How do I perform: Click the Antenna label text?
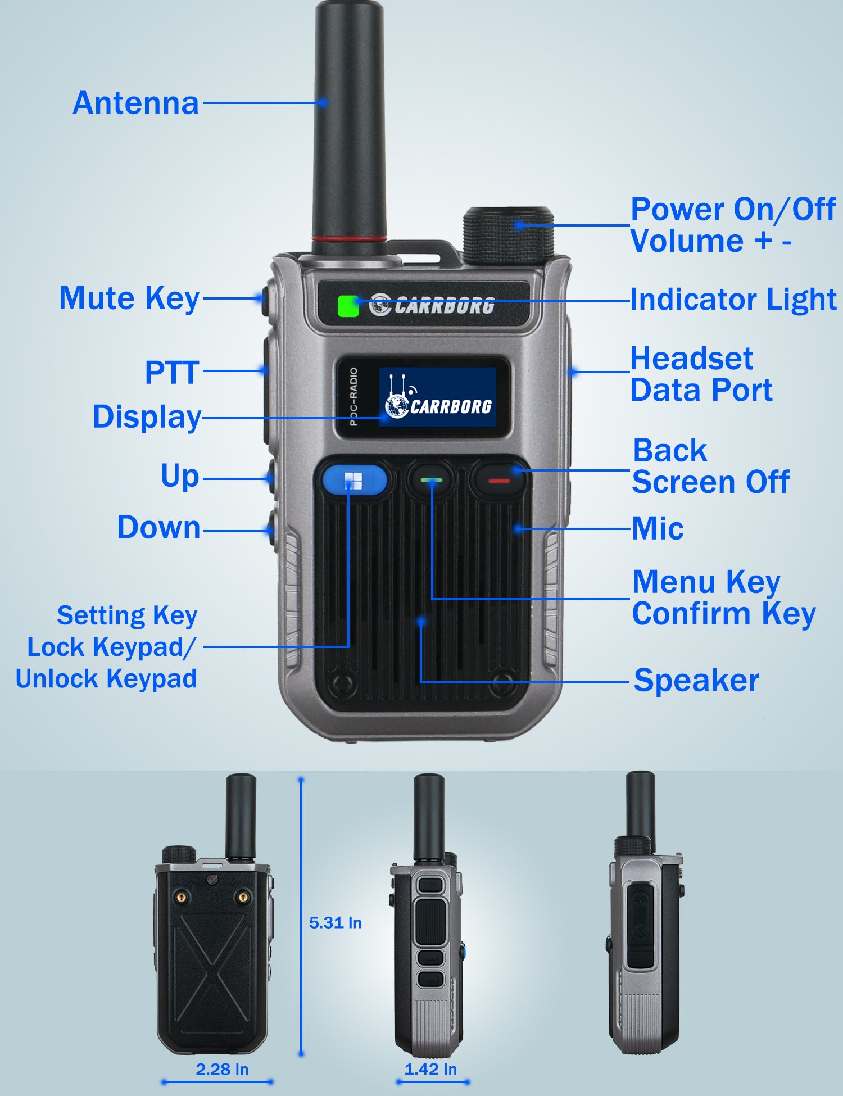click(x=136, y=103)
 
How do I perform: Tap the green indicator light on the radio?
click(x=348, y=306)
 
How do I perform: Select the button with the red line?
click(x=498, y=480)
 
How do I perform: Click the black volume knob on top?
click(x=509, y=236)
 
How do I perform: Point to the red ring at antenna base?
click(x=349, y=239)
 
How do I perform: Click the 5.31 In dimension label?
click(x=336, y=922)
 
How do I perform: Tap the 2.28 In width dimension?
click(x=222, y=1069)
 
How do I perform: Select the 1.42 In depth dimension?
click(x=430, y=1068)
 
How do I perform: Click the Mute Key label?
click(x=130, y=298)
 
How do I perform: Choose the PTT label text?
click(x=172, y=373)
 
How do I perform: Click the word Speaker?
click(x=696, y=681)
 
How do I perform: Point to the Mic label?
click(x=658, y=528)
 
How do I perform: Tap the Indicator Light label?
click(x=733, y=299)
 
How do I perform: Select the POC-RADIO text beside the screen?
click(x=353, y=396)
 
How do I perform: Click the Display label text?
click(x=147, y=417)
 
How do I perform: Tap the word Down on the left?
click(x=158, y=527)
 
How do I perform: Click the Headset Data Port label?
click(x=701, y=374)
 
